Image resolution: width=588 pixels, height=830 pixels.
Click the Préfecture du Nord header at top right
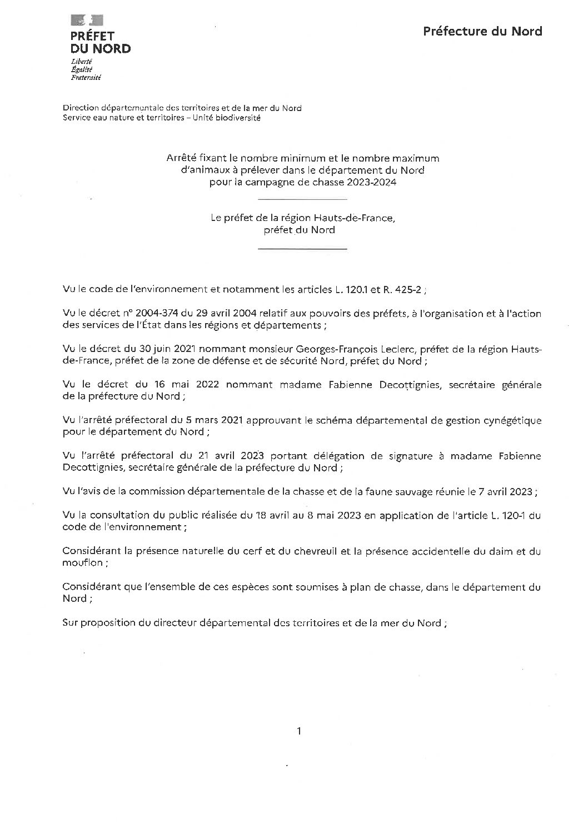pos(482,31)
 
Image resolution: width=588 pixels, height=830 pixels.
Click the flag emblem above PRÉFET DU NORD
pos(87,21)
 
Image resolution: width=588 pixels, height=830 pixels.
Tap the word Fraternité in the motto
pos(86,78)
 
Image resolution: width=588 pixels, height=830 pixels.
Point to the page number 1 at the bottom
pos(299,731)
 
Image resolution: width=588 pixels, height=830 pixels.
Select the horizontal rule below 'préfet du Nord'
pos(303,249)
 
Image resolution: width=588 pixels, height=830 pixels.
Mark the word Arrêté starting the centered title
pos(182,158)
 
